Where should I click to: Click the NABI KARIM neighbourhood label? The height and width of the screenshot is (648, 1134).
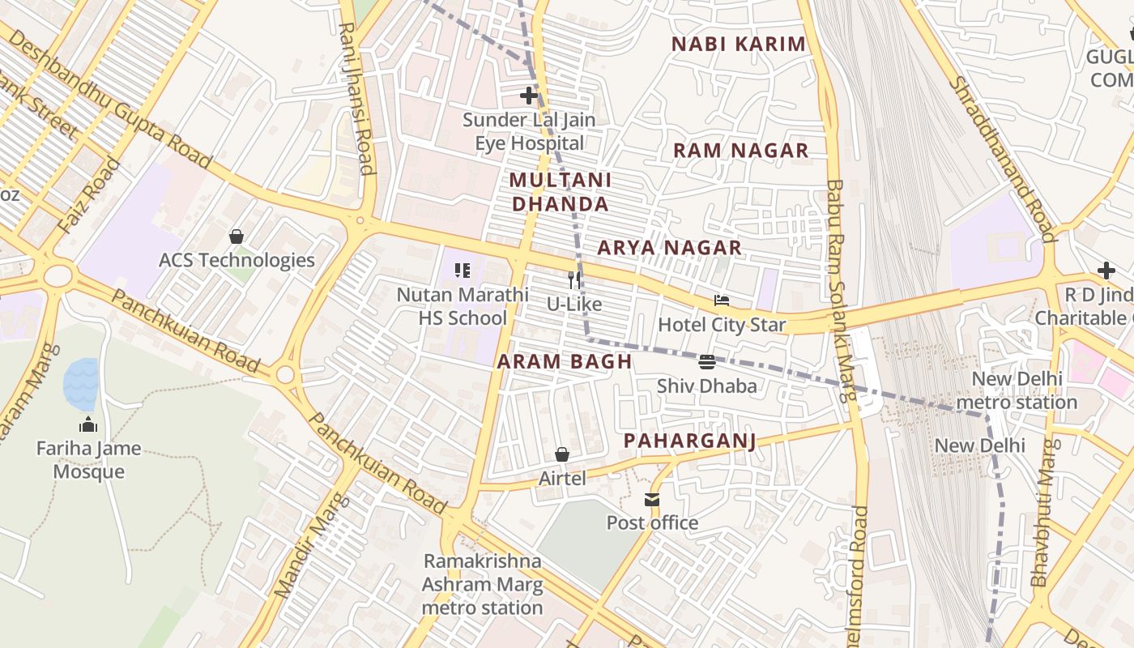tap(739, 45)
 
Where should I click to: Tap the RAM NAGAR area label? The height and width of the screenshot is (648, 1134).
tap(740, 151)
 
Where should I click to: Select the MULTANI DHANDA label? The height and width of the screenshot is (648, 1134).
tap(561, 192)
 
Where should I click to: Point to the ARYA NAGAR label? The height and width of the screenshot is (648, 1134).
tap(669, 248)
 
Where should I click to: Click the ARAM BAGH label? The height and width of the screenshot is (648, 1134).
tap(564, 362)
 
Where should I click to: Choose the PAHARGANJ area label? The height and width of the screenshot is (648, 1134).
tap(689, 441)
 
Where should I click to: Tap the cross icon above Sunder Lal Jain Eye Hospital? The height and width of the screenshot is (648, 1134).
tap(529, 96)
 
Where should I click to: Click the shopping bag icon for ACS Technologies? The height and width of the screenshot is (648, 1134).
tap(237, 237)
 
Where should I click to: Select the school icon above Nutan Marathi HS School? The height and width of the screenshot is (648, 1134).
tap(463, 271)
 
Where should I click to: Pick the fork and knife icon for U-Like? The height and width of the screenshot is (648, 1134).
tap(574, 280)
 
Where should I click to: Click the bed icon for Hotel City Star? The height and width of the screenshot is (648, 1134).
tap(722, 301)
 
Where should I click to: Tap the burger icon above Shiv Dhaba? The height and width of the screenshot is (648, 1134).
tap(706, 362)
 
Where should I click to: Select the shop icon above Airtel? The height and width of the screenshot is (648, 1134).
tap(562, 454)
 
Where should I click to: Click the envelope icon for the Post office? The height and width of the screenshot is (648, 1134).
tap(652, 499)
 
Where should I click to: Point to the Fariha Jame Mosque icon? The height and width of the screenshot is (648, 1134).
tap(88, 424)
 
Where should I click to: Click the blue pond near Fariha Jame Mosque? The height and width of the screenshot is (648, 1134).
tap(81, 384)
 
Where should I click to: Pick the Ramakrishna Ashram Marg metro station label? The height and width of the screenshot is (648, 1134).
tap(482, 584)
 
